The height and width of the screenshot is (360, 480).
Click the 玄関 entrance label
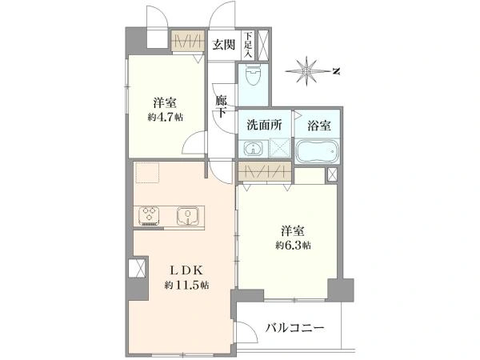(224, 43)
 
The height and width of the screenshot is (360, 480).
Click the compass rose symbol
(308, 73)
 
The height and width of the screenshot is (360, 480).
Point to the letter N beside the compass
(337, 73)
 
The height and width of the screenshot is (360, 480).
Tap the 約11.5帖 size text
(187, 285)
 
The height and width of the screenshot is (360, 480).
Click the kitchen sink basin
(186, 214)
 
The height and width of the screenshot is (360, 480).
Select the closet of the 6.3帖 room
(263, 172)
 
